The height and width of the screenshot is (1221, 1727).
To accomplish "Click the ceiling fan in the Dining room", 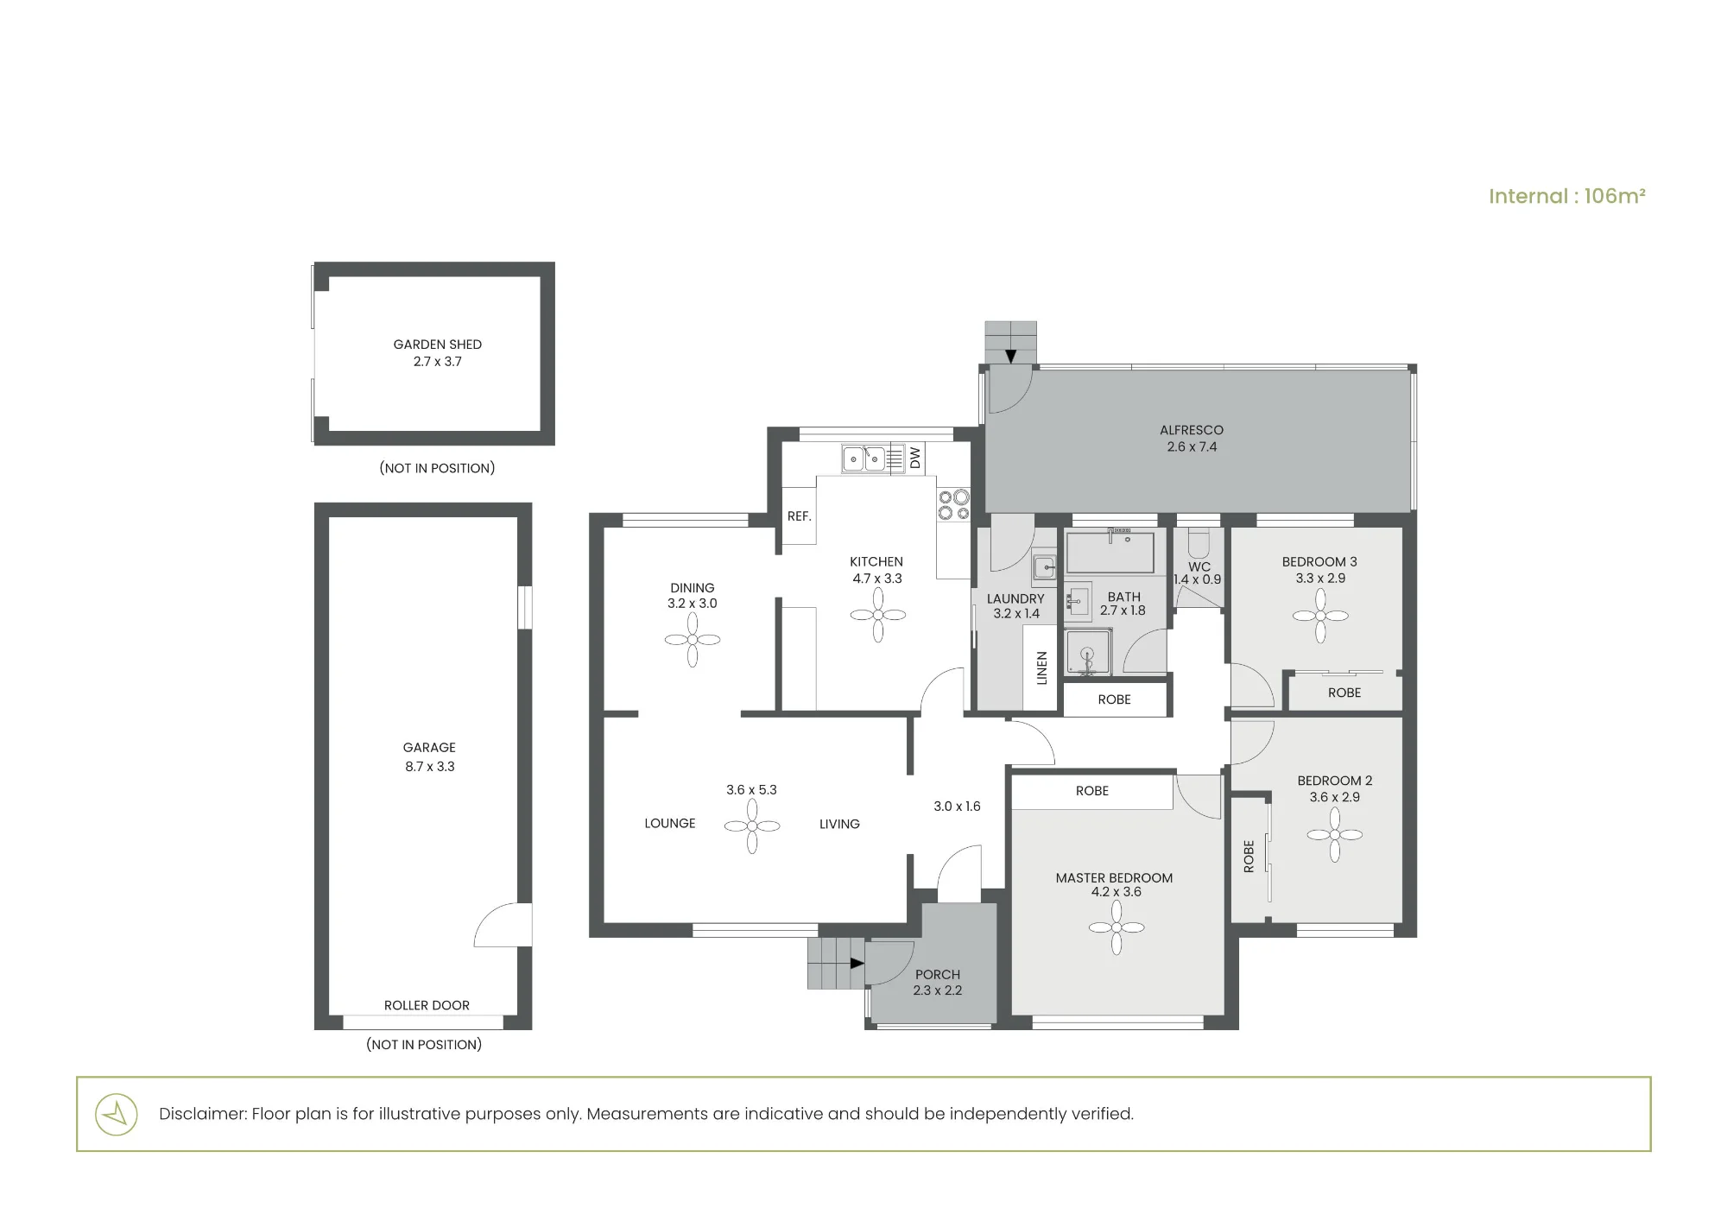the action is coord(693,640).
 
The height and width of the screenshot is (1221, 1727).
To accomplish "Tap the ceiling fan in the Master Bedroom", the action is coord(1117,927).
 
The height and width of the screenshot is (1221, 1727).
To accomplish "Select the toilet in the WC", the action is coord(1199,543).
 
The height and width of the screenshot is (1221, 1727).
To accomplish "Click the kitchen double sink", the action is coord(863,459).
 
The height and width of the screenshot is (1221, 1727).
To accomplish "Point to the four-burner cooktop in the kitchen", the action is coord(954,505).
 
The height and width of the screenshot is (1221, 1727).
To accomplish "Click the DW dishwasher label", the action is coord(915,458).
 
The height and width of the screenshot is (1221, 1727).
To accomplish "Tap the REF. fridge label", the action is coord(800,516).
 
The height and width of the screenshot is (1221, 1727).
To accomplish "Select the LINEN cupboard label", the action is coord(1041,668).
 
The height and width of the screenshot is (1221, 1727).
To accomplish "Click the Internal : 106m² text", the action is coord(1567,196).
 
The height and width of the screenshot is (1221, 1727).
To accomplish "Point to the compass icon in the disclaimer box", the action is coord(116,1114).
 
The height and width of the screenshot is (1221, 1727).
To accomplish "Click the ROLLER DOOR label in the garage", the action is coord(427,1005).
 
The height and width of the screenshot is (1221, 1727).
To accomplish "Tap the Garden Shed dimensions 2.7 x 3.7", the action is coord(438,362).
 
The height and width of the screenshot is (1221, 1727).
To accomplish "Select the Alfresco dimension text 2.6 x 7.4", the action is coord(1192,447).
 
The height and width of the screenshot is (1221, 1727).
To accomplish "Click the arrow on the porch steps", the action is coord(857,963).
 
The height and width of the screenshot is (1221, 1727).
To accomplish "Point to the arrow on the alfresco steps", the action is coord(1010,356).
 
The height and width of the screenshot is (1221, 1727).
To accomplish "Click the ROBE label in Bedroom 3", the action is coord(1344,693).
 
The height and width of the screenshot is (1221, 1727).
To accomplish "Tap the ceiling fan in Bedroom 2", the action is coord(1335,835).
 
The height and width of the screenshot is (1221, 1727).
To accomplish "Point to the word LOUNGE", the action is coord(670,824).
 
